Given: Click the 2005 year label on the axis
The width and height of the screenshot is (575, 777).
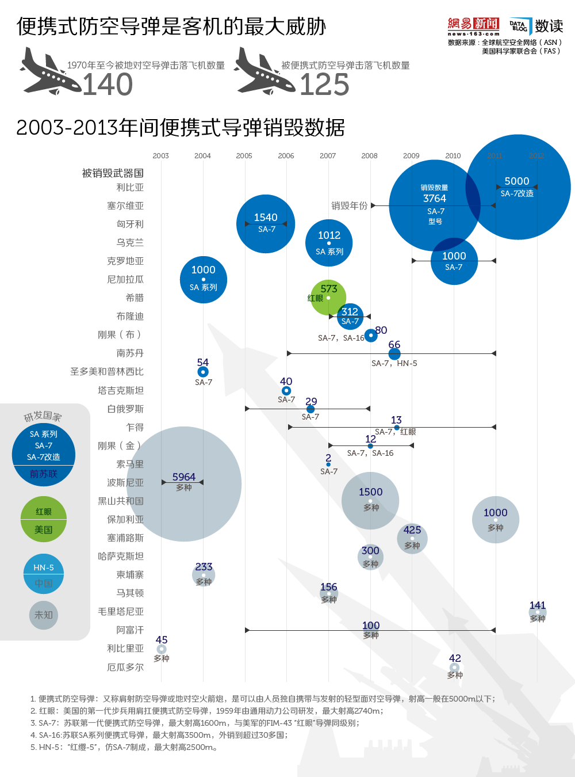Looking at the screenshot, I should tap(244, 156).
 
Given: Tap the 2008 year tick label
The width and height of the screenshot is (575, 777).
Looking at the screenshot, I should tap(369, 156).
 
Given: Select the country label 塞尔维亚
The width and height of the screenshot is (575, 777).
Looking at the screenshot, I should tap(125, 205).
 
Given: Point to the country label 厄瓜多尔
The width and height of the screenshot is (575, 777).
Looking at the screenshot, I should tap(125, 667).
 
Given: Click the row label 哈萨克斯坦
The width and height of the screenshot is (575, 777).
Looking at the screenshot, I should tap(121, 556).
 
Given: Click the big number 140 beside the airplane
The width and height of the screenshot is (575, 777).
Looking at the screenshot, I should tap(108, 85).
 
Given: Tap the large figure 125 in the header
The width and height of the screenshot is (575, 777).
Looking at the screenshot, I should tap(324, 85).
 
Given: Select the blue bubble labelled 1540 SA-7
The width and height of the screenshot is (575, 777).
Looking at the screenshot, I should tap(266, 224).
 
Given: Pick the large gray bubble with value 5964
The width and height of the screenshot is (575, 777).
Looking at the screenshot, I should tap(183, 483).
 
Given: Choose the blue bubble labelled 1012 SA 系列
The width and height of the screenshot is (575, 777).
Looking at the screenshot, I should tap(329, 243).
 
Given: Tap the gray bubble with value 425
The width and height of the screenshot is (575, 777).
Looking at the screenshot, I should tap(412, 538).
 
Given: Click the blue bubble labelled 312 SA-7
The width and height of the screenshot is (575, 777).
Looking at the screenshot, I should tap(350, 316).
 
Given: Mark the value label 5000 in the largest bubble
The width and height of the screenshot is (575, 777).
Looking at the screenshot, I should tap(517, 181).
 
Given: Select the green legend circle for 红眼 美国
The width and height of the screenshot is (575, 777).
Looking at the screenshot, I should tap(44, 519).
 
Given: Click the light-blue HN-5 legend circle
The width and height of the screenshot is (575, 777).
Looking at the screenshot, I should tap(44, 574).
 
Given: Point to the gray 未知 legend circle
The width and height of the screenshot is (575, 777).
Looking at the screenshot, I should tap(44, 615).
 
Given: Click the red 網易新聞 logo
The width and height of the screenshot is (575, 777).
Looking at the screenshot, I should tap(473, 24).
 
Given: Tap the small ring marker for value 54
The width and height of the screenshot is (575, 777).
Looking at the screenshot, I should tap(203, 372).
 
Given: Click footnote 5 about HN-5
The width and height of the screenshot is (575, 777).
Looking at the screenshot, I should tap(124, 747).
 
